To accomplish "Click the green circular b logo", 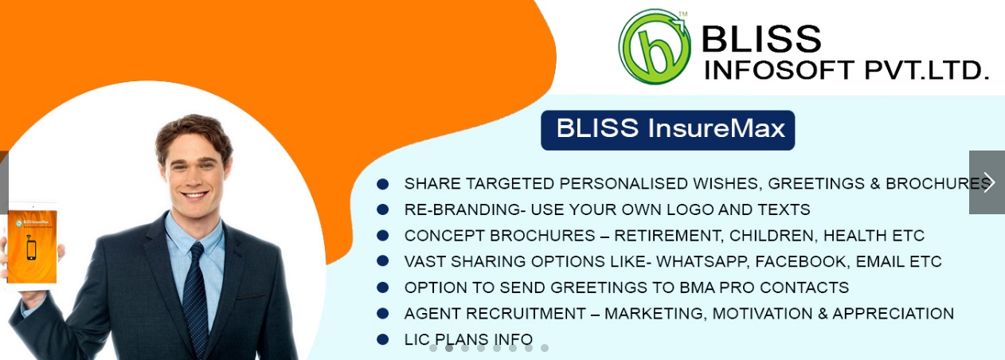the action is pyautogui.click(x=654, y=47).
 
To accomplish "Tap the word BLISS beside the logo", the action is pyautogui.click(x=761, y=38).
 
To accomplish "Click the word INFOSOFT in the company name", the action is pyautogui.click(x=779, y=70).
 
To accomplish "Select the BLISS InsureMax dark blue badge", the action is pyautogui.click(x=667, y=130).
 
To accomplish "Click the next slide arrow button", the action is pyautogui.click(x=987, y=182).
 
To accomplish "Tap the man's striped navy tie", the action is pyautogui.click(x=195, y=296).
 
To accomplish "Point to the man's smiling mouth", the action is pyautogui.click(x=195, y=195).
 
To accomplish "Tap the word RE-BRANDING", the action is pyautogui.click(x=465, y=209).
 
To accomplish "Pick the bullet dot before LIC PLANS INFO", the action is pyautogui.click(x=383, y=339).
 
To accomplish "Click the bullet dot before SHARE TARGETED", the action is pyautogui.click(x=383, y=184).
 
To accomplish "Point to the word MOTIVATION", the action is pyautogui.click(x=762, y=313).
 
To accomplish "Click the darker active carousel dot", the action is pyautogui.click(x=448, y=348).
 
